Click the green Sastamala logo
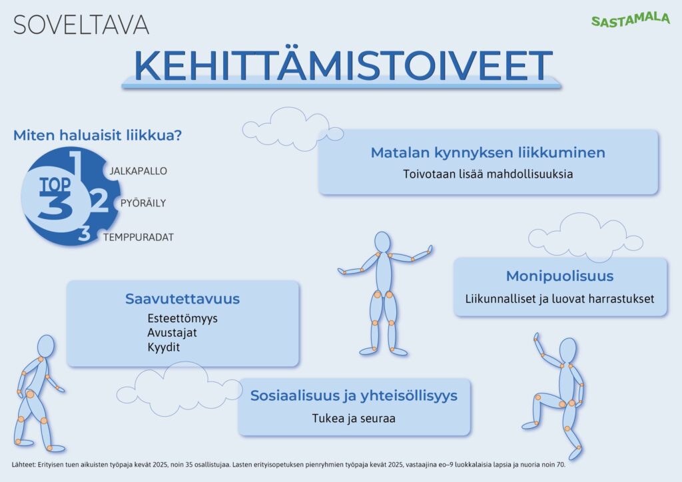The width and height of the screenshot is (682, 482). click(x=630, y=19)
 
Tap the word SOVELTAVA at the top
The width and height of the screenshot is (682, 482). click(x=81, y=25)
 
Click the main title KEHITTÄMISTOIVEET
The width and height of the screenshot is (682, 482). click(x=343, y=65)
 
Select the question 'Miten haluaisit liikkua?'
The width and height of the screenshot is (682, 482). click(x=97, y=135)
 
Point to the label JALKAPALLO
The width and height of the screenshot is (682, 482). click(x=139, y=171)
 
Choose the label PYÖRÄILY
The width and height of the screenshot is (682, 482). click(x=143, y=203)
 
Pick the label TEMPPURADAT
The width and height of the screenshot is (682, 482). click(x=139, y=237)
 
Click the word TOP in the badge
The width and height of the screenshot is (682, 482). click(x=55, y=185)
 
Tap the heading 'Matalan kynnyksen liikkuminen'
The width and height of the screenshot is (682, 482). click(x=488, y=152)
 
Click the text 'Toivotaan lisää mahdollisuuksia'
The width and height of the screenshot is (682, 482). click(x=488, y=174)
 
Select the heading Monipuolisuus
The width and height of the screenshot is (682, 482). click(x=559, y=276)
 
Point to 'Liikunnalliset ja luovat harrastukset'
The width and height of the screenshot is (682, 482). click(x=559, y=299)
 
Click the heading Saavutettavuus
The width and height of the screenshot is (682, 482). click(x=182, y=299)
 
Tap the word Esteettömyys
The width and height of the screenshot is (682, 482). click(x=182, y=319)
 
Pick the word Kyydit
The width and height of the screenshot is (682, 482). click(x=164, y=348)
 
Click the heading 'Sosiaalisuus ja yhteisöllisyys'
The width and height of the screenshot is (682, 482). click(x=354, y=396)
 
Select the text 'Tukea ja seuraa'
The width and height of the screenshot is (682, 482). click(x=354, y=419)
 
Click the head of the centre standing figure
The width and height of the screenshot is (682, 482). click(x=383, y=242)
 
